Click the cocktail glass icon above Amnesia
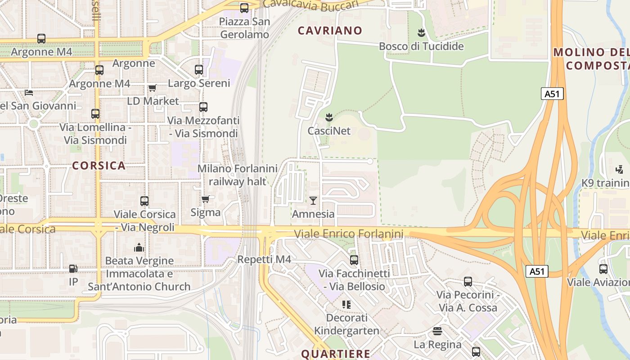(x=313, y=200)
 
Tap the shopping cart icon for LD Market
(x=153, y=88)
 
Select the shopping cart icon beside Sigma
(x=206, y=198)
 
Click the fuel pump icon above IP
(x=73, y=269)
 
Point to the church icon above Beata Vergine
(x=139, y=247)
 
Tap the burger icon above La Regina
(x=437, y=331)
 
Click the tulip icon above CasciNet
(x=329, y=117)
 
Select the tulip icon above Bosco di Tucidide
(x=421, y=32)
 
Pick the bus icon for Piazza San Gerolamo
(x=244, y=8)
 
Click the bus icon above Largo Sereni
(x=199, y=70)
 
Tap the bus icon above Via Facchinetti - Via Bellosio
(x=354, y=260)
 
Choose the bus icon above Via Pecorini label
(x=468, y=282)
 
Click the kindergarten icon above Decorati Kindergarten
(x=346, y=305)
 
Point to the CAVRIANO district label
(x=330, y=31)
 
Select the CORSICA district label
(x=99, y=166)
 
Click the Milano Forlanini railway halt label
(x=238, y=175)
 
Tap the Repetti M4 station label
(x=264, y=259)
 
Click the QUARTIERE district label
(x=335, y=354)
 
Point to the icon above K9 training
(x=620, y=170)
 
